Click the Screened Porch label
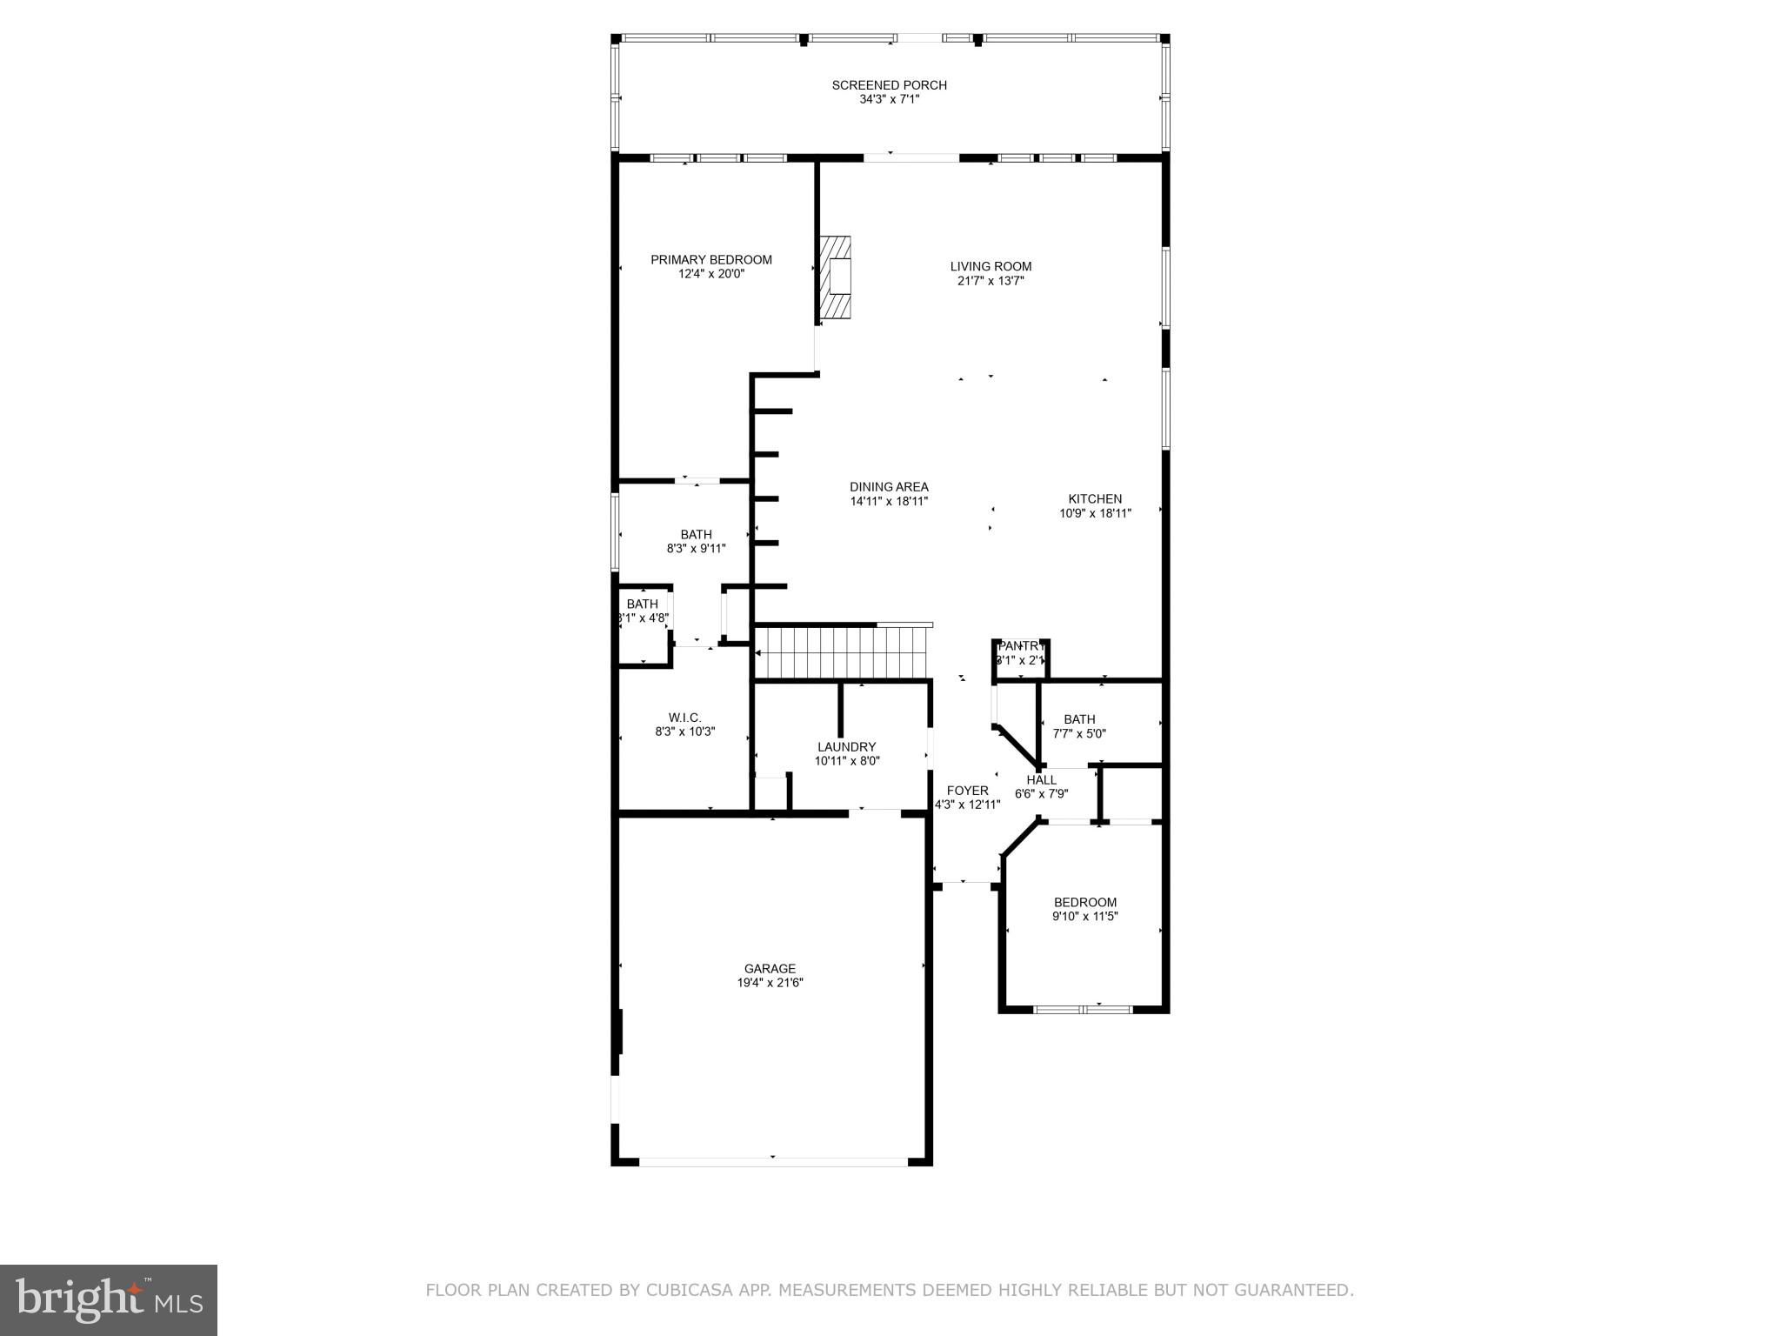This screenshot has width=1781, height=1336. coord(889,85)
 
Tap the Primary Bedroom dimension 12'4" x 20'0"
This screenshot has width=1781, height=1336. coord(711,274)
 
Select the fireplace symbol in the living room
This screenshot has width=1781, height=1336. coord(835,277)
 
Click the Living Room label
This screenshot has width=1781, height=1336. coord(991,267)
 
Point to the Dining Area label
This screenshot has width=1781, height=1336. coord(889,487)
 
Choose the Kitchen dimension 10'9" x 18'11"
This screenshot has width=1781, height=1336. coord(1095,513)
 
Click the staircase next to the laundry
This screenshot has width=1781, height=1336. coord(838,653)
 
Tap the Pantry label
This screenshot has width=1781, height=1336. coord(1020,646)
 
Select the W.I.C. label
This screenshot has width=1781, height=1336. coord(684,718)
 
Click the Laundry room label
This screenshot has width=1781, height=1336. coord(846,747)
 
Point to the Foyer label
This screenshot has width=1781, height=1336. coord(967,791)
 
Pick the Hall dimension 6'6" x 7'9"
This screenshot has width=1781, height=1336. coord(1041,794)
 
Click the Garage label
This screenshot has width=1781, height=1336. coord(770,969)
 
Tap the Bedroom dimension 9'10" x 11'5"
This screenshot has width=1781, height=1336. coord(1084,916)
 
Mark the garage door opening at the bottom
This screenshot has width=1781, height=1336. coord(773,1161)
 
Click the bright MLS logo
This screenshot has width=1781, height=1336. coord(109,1300)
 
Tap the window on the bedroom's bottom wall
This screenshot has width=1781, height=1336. coord(1083,1009)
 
